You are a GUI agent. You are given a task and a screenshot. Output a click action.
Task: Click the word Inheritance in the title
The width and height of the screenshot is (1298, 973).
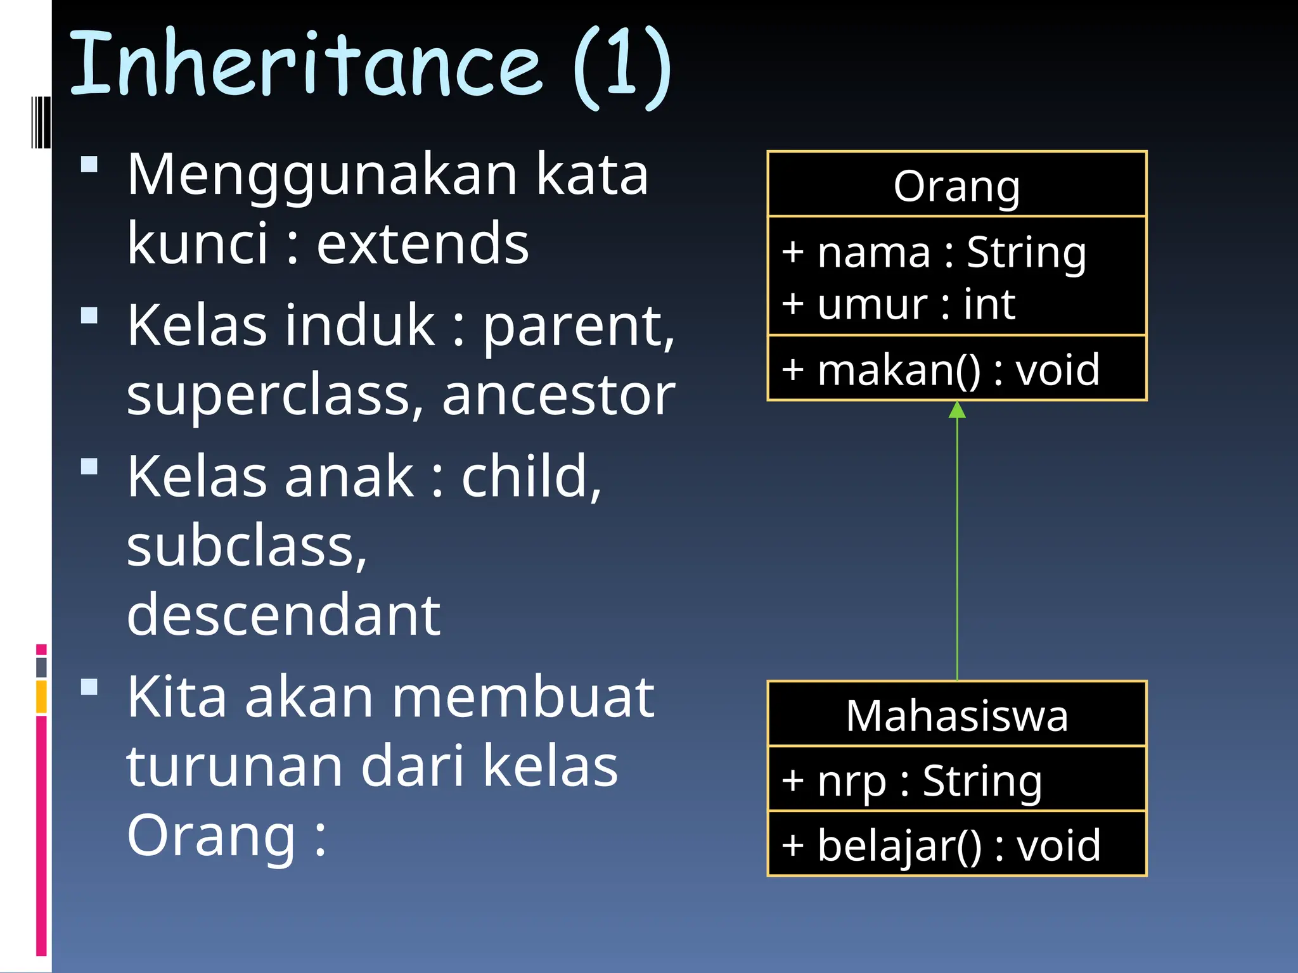click(304, 63)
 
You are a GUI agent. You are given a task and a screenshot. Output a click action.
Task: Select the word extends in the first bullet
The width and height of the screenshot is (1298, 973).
click(422, 244)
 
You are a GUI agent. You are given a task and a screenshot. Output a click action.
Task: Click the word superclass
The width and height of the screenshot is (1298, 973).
click(269, 396)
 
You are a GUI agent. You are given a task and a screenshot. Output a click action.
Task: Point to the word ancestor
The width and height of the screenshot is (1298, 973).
click(558, 396)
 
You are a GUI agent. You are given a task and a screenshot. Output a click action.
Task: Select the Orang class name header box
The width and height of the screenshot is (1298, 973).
click(956, 185)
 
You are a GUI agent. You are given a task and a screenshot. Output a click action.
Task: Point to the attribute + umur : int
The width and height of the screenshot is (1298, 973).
click(899, 304)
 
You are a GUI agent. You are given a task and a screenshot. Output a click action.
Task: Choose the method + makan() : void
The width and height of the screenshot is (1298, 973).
click(941, 369)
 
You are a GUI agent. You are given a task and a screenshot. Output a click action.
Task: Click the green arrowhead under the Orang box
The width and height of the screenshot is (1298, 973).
click(957, 410)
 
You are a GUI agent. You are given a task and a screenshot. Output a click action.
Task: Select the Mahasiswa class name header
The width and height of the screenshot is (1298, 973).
click(956, 715)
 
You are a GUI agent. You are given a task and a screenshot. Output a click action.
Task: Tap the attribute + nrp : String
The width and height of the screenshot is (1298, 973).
click(911, 780)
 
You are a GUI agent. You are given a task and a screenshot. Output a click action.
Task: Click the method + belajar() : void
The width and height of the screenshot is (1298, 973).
click(941, 845)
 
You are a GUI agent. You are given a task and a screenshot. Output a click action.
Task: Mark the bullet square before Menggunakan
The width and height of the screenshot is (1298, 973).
click(89, 165)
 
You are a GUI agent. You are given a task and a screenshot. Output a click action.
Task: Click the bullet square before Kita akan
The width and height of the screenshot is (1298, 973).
click(89, 687)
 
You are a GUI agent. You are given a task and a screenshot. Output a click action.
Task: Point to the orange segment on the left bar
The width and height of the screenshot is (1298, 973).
click(41, 697)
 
